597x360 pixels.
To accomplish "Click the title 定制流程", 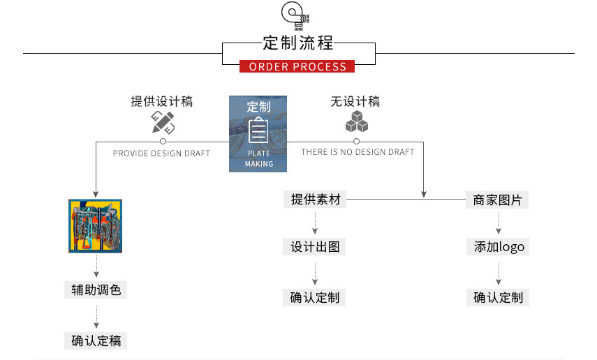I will pyautogui.click(x=298, y=43).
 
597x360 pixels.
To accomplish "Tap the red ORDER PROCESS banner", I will pyautogui.click(x=297, y=67).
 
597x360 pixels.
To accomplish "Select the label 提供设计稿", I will pyautogui.click(x=162, y=102).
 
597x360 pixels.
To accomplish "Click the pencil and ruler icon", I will pyautogui.click(x=163, y=123).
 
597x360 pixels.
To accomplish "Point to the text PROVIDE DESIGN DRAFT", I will pyautogui.click(x=161, y=153).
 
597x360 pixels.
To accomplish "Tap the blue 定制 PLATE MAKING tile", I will pyautogui.click(x=258, y=134).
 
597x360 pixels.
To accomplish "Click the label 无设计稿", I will pyautogui.click(x=355, y=102).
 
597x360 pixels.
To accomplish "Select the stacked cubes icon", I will pyautogui.click(x=356, y=122).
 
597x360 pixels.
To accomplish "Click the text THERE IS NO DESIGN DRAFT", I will pyautogui.click(x=358, y=152).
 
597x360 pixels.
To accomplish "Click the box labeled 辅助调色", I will pyautogui.click(x=96, y=290).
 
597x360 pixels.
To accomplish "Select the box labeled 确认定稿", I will pyautogui.click(x=96, y=340).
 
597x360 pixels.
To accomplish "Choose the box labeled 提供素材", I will pyautogui.click(x=316, y=200).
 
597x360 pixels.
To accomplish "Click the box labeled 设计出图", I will pyautogui.click(x=315, y=247).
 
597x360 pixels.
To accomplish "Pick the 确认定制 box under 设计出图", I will pyautogui.click(x=315, y=297).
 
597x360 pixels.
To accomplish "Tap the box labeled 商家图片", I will pyautogui.click(x=497, y=200).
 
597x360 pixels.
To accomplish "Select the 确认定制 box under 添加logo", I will pyautogui.click(x=498, y=297).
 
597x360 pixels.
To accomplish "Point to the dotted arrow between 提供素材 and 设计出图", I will pyautogui.click(x=316, y=223).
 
